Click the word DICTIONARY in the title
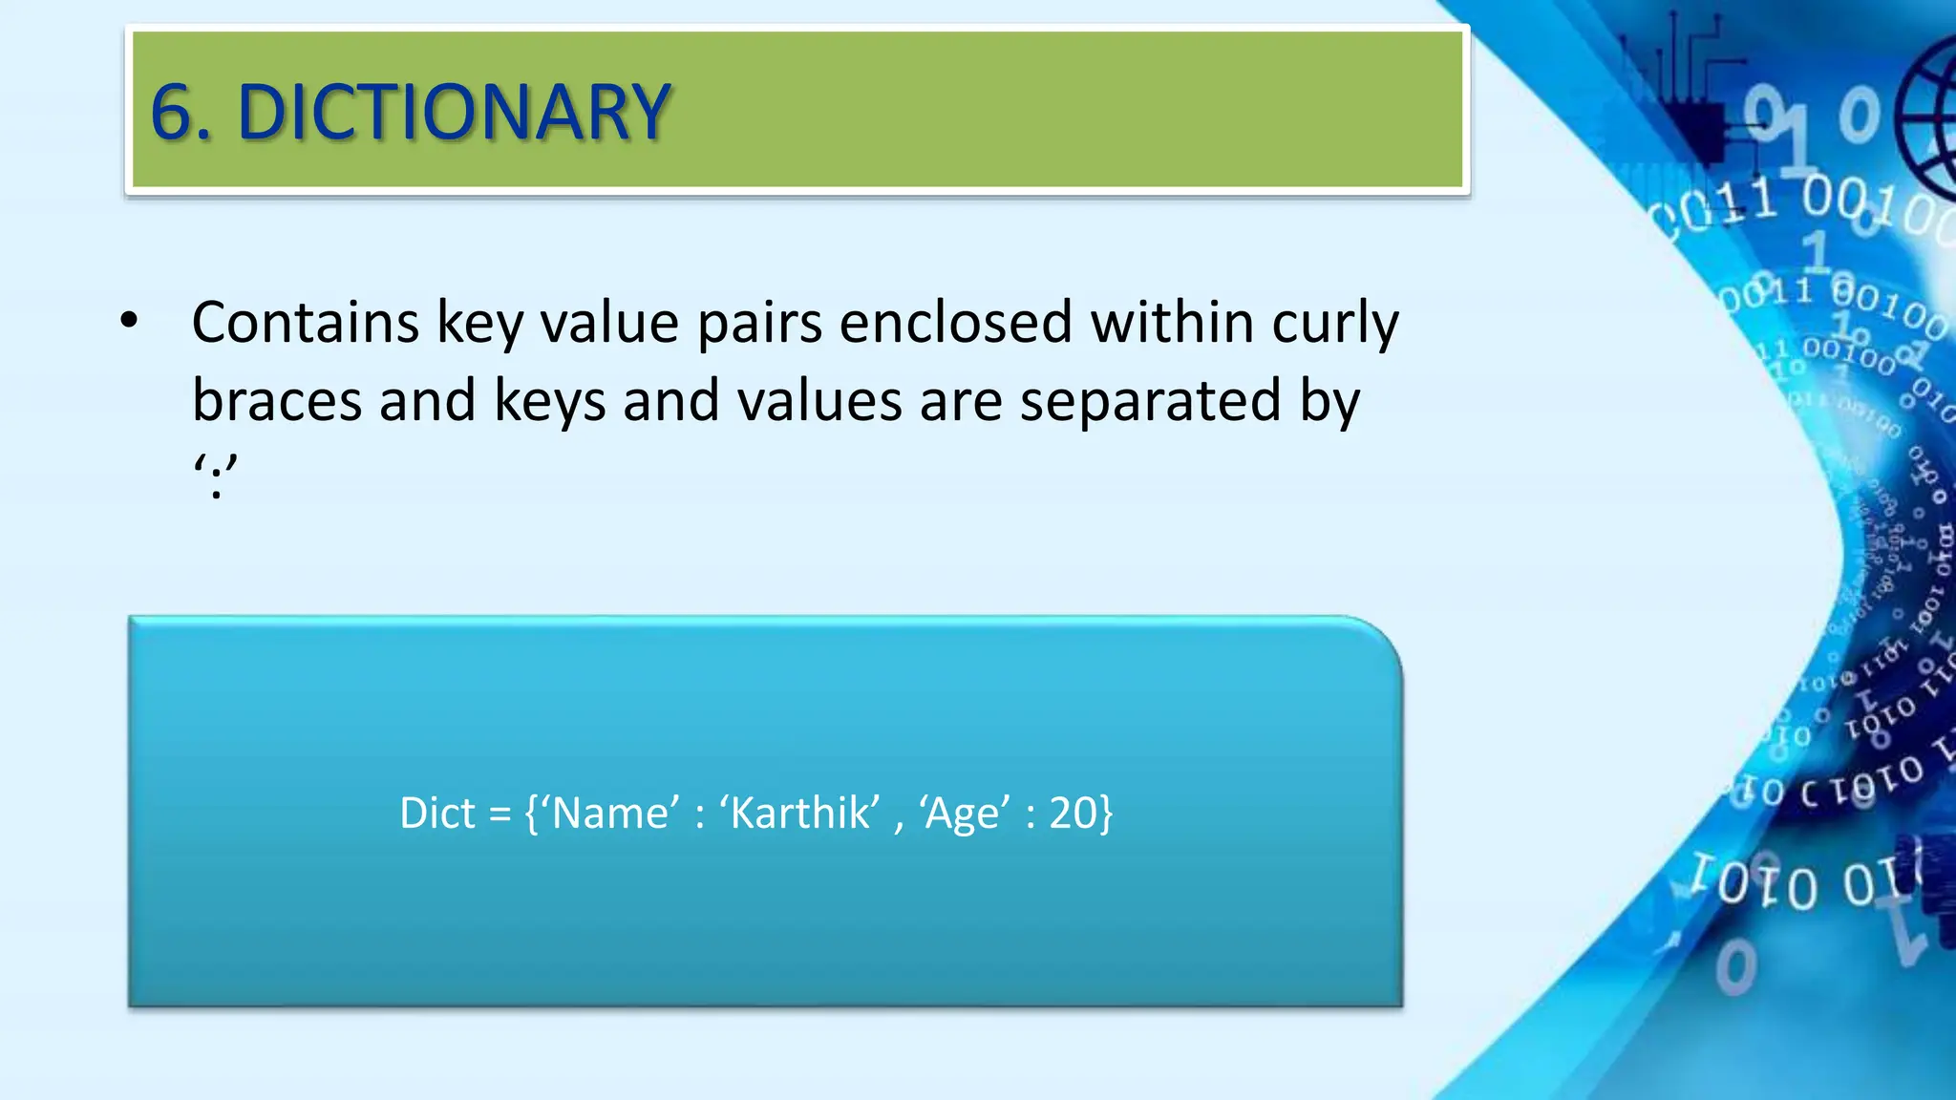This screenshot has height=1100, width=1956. coord(455,113)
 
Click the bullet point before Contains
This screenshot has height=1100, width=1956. coord(130,322)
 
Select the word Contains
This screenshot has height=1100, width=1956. coord(305,322)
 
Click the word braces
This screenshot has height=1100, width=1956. coord(276,400)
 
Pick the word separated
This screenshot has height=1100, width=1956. coord(1150,402)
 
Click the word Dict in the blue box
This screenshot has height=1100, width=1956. coord(436,814)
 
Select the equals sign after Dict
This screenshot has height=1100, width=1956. coord(500,814)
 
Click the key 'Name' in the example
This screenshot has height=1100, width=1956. coord(611,814)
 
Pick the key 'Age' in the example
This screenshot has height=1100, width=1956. coord(965,814)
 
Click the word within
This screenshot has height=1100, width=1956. coord(1172,322)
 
